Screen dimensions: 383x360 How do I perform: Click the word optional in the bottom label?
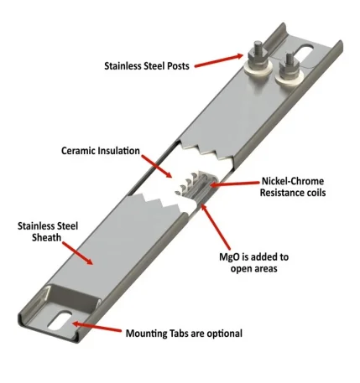click(x=220, y=333)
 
